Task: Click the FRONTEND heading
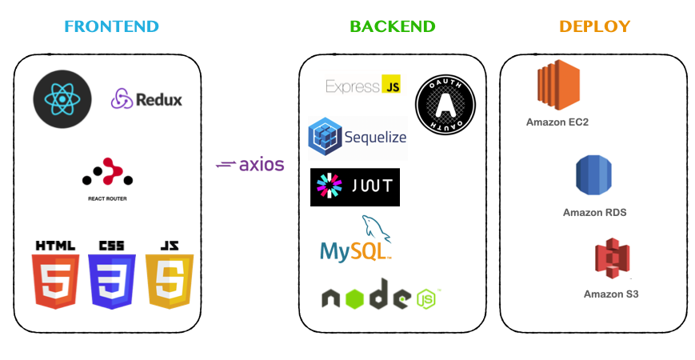[x=111, y=26]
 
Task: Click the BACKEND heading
[x=393, y=26]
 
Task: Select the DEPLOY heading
[x=594, y=26]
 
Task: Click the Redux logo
[x=146, y=99]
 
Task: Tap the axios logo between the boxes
[x=250, y=165]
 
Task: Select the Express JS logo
[x=363, y=86]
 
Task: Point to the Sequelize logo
[x=357, y=137]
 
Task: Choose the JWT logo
[x=354, y=186]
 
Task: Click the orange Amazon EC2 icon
[x=558, y=86]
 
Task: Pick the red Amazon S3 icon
[x=612, y=259]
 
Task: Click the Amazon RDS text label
[x=594, y=213]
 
